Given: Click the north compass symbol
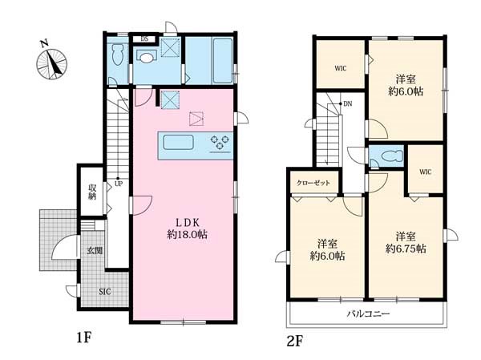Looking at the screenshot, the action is (51, 63).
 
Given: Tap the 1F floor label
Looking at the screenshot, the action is (83, 338).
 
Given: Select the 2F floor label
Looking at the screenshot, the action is (295, 341).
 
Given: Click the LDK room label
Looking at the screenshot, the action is (188, 222).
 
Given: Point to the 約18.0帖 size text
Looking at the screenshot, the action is (187, 234).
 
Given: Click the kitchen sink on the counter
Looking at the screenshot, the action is (178, 143).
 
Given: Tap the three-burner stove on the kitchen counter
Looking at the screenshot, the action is (220, 143).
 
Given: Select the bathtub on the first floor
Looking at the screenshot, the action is (222, 61).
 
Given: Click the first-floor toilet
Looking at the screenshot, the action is (118, 55).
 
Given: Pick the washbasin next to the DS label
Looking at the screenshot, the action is (147, 57).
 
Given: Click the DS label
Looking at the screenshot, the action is (144, 39).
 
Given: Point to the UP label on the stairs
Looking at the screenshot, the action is (119, 184).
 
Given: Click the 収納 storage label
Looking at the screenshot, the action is (92, 192).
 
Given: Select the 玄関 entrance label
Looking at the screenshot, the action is (95, 251).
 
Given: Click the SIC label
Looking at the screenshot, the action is (105, 292).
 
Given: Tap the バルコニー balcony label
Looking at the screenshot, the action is (369, 313).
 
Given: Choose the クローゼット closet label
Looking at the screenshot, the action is (313, 183).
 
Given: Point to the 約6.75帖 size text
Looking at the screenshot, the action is (406, 249).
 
